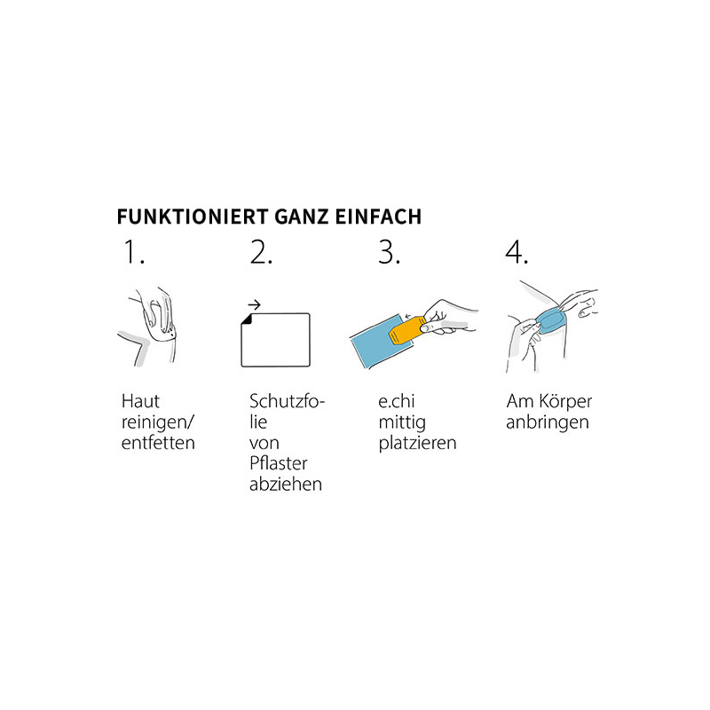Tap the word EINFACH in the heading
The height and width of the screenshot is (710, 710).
click(x=379, y=217)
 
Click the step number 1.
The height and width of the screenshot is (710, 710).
click(x=134, y=252)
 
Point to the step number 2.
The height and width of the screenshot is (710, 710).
click(x=261, y=252)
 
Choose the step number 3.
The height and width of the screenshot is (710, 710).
click(x=389, y=252)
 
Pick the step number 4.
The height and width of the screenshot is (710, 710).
click(x=517, y=252)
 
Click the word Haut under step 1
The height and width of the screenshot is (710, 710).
click(x=140, y=401)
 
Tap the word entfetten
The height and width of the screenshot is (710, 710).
click(x=158, y=442)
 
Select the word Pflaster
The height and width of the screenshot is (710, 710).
click(x=278, y=463)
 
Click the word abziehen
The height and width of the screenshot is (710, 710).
click(x=286, y=484)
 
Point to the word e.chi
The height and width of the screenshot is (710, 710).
click(x=397, y=401)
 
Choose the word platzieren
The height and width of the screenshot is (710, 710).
click(x=417, y=443)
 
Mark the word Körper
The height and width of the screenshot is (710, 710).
click(x=564, y=402)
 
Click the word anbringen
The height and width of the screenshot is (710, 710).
click(x=548, y=423)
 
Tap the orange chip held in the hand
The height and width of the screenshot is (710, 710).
click(x=406, y=329)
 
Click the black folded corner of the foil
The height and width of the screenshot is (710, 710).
click(x=246, y=319)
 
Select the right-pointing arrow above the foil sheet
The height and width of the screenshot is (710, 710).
click(x=255, y=304)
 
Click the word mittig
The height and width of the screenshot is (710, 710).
click(x=402, y=422)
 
